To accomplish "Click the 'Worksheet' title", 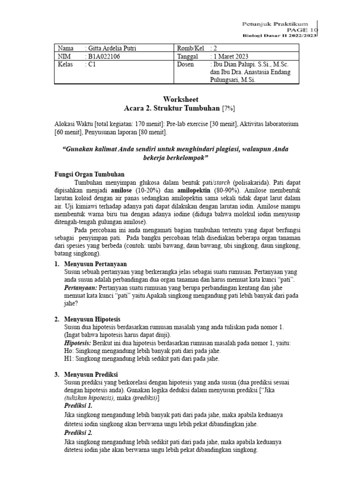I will click(x=180, y=99).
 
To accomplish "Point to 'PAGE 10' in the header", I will click(x=303, y=29).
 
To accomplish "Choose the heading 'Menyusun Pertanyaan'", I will click(x=96, y=264).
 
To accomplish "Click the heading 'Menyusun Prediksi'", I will click(x=91, y=374).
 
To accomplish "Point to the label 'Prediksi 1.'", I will click(x=78, y=405).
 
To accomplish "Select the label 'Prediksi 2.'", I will click(x=78, y=433).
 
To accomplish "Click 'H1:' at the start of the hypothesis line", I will click(x=68, y=359).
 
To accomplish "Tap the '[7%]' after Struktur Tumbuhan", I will click(x=228, y=108).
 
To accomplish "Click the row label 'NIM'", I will click(x=63, y=57).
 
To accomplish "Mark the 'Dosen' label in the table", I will click(x=185, y=65).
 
